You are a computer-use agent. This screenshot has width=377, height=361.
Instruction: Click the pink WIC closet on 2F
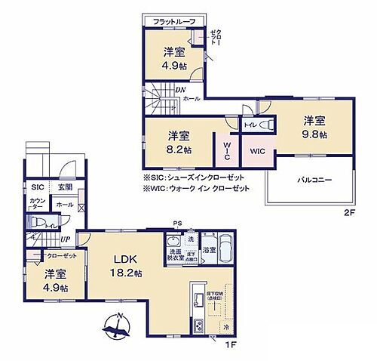[x=258, y=150]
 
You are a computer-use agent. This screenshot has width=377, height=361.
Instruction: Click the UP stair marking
[x=66, y=239]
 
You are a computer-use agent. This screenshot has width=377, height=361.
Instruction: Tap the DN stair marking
[x=181, y=90]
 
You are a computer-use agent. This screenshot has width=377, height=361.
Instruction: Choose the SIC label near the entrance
[x=37, y=187]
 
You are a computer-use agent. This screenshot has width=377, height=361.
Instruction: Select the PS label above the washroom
[x=176, y=222]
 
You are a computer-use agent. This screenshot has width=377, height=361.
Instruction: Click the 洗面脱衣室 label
[x=176, y=255]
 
